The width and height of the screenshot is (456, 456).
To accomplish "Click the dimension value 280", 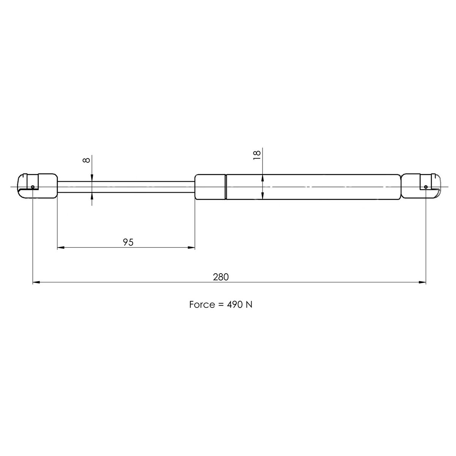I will pyautogui.click(x=220, y=277).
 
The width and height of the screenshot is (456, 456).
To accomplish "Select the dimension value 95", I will pyautogui.click(x=128, y=242).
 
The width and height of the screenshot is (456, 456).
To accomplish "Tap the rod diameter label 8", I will pyautogui.click(x=87, y=160).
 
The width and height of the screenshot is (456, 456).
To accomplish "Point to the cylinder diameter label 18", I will pyautogui.click(x=257, y=155).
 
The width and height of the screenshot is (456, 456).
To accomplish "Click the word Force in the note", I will pyautogui.click(x=201, y=305).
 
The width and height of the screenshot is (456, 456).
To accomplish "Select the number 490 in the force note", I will pyautogui.click(x=233, y=305).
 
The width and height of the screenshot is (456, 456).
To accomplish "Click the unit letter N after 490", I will pyautogui.click(x=249, y=305).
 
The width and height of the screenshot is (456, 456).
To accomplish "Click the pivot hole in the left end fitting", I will pyautogui.click(x=33, y=187).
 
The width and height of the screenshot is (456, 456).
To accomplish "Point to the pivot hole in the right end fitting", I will pyautogui.click(x=426, y=187).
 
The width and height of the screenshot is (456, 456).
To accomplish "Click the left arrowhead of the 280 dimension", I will pyautogui.click(x=36, y=282).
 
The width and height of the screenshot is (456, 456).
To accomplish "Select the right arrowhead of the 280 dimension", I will pyautogui.click(x=422, y=282).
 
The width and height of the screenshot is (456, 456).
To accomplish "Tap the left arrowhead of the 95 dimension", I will pyautogui.click(x=61, y=248).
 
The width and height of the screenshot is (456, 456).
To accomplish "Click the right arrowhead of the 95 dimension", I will pyautogui.click(x=191, y=248).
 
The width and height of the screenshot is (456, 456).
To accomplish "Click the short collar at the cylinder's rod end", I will pyautogui.click(x=210, y=187).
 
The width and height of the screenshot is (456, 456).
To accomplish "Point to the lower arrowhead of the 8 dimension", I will pyautogui.click(x=92, y=196).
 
